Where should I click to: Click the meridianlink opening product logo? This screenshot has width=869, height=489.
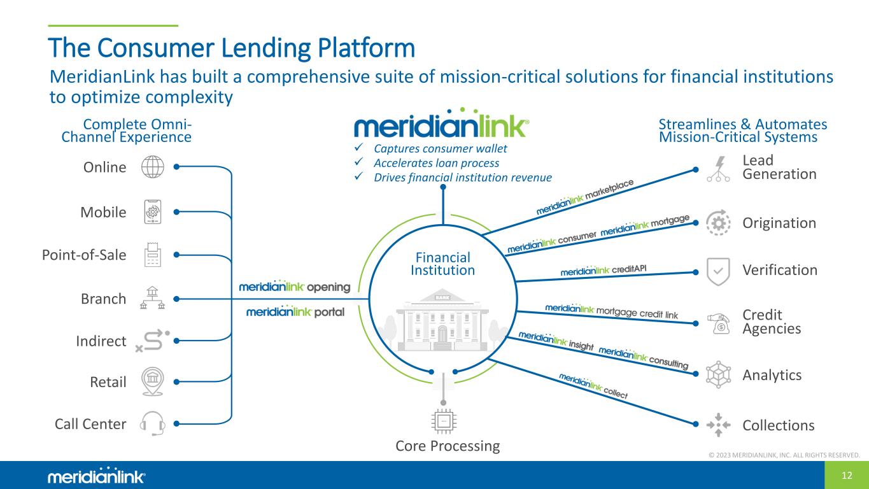(x=295, y=287)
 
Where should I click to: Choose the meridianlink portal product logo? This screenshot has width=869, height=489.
(x=295, y=312)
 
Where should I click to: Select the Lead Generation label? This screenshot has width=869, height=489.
(x=779, y=167)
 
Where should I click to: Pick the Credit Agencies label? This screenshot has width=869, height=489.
(x=772, y=322)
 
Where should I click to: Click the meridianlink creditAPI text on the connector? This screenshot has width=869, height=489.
(x=604, y=270)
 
